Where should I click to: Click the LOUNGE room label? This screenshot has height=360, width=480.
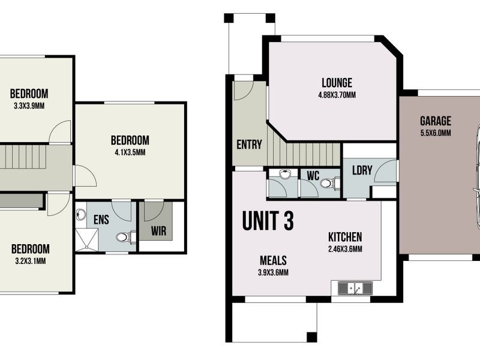click(x=337, y=83)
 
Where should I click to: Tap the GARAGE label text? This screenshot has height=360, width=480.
click(x=435, y=121)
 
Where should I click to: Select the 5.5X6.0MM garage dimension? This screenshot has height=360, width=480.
click(x=435, y=133)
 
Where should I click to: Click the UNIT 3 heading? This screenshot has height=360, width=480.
click(x=268, y=221)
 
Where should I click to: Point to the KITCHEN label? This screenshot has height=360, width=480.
click(x=344, y=237)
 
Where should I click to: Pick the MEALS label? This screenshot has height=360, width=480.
click(x=273, y=261)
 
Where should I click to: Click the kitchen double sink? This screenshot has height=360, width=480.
click(x=355, y=289)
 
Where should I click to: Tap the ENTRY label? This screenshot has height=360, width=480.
click(x=249, y=144)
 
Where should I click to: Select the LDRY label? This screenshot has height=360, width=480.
click(x=362, y=170)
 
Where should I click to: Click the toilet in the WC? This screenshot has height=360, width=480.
click(x=326, y=184)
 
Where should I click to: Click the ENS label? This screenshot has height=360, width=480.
click(x=101, y=220)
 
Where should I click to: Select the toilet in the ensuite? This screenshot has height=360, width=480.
click(x=123, y=238)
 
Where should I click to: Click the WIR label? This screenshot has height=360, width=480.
click(x=158, y=231)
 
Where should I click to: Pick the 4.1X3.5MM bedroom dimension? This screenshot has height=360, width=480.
click(x=130, y=152)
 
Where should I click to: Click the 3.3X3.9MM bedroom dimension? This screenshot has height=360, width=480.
click(x=29, y=106)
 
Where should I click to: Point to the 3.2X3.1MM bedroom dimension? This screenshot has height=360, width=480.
click(x=29, y=261)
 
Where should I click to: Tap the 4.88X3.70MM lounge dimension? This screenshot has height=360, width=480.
click(x=337, y=95)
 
